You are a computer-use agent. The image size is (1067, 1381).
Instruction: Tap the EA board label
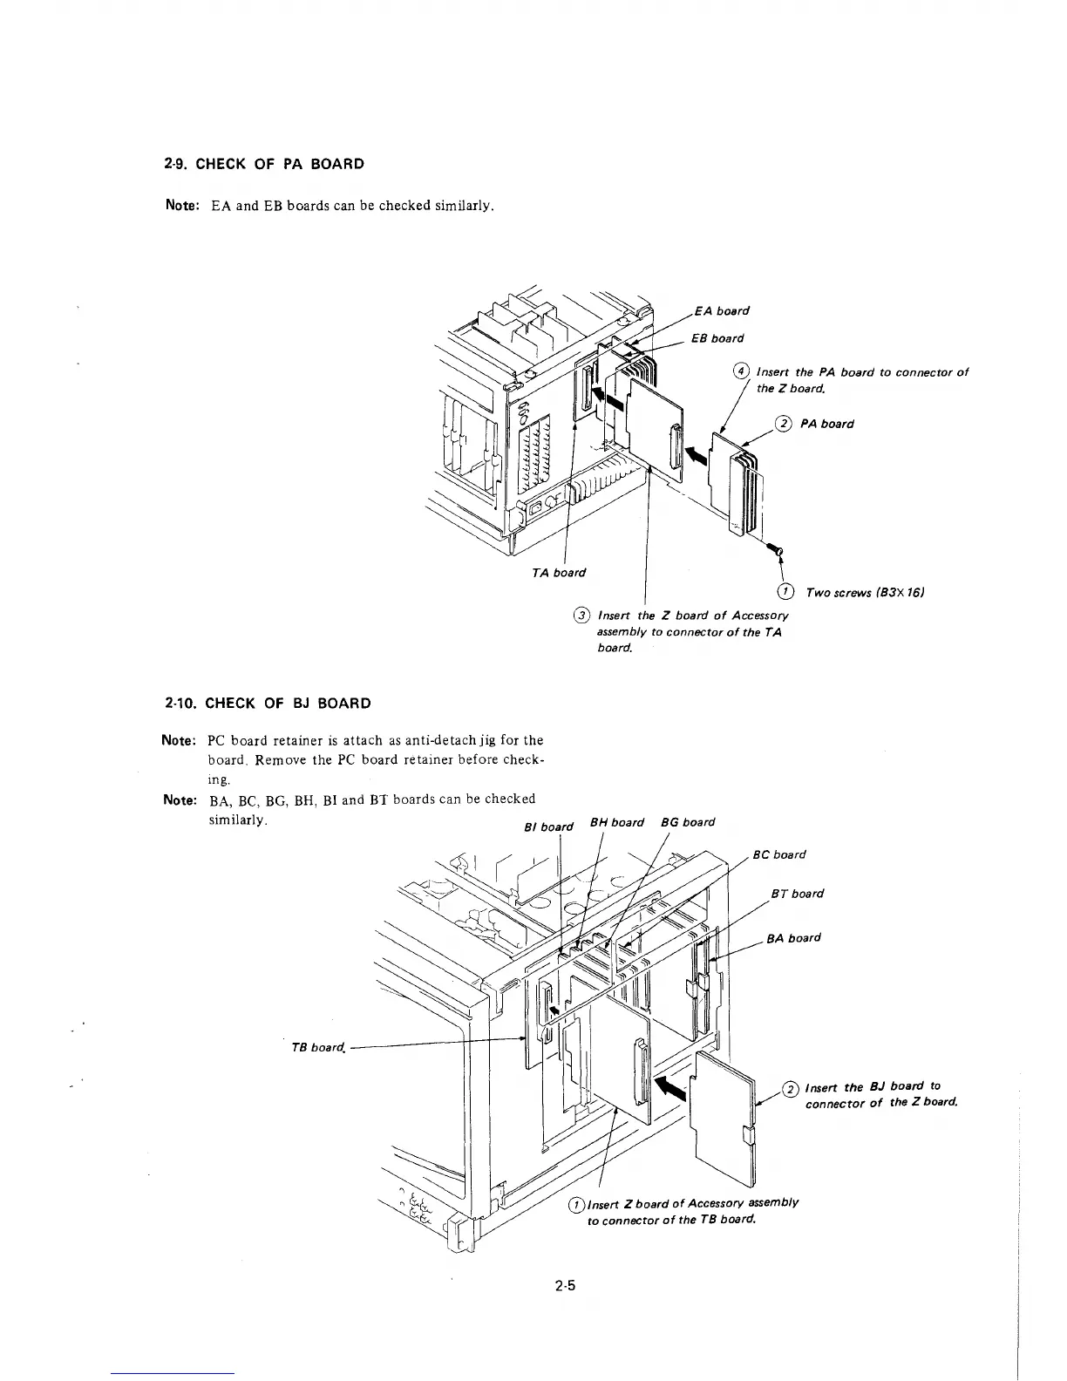point(722,311)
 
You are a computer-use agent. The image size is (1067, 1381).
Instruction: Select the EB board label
point(717,338)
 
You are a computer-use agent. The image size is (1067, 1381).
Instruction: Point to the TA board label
point(559,573)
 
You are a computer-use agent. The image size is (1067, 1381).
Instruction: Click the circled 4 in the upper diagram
point(742,372)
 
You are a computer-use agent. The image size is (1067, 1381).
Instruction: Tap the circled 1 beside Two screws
point(786,593)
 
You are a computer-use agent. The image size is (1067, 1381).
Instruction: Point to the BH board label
point(617,822)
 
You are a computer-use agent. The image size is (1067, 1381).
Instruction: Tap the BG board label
point(688,822)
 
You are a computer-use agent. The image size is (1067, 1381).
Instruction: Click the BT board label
point(797,894)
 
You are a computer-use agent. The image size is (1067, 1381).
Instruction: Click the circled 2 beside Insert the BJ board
point(791,1088)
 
